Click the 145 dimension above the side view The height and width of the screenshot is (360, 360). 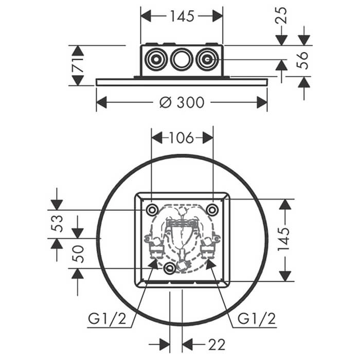click(x=182, y=16)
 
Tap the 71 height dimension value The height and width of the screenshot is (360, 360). click(x=78, y=65)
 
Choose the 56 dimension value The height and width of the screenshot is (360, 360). click(x=303, y=61)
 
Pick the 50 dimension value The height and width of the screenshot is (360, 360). click(x=78, y=254)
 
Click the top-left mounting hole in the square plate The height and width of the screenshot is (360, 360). click(x=152, y=209)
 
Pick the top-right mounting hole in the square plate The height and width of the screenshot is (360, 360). click(x=211, y=209)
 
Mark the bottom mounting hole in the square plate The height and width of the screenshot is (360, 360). click(x=169, y=268)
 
